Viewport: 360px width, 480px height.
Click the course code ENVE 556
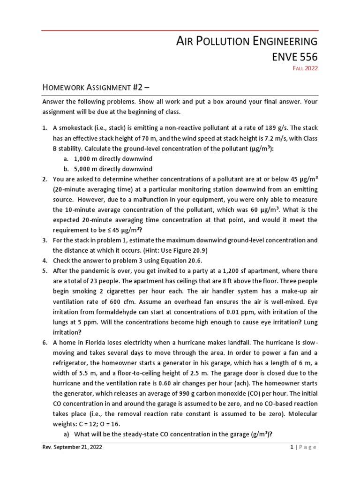point(294,57)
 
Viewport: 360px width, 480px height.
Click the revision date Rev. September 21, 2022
point(72,447)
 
